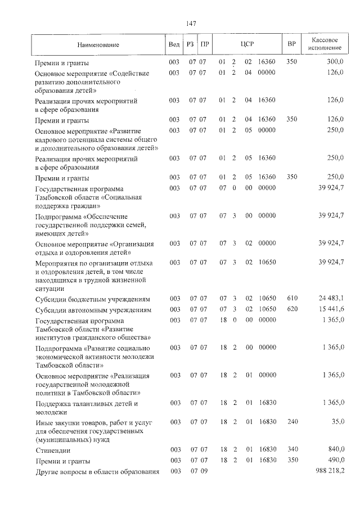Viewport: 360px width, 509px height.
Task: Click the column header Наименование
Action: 95,44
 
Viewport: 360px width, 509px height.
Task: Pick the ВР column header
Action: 291,44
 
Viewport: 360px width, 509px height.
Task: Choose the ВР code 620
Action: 291,309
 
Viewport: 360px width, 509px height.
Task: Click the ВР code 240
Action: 291,421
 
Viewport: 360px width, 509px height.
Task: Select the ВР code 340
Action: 291,449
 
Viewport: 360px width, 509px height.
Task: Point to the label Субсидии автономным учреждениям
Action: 93,310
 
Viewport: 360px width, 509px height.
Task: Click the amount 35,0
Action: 337,421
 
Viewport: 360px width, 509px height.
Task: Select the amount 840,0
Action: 335,449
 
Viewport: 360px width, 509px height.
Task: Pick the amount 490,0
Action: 335,460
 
